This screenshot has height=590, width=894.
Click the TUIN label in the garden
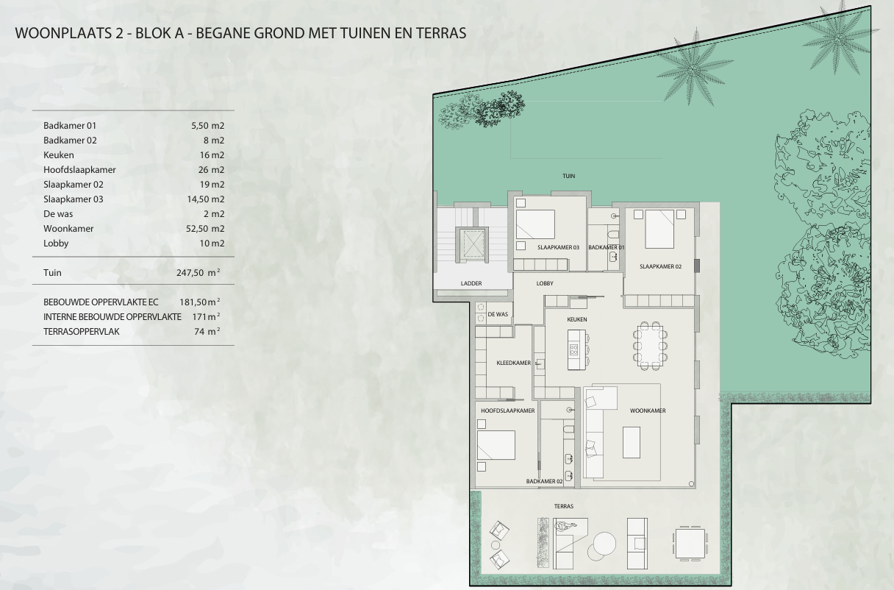pyautogui.click(x=569, y=176)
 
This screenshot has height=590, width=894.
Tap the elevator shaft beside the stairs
pyautogui.click(x=472, y=245)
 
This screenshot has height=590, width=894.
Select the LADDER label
pyautogui.click(x=471, y=283)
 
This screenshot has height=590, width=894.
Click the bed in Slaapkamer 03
pyautogui.click(x=535, y=224)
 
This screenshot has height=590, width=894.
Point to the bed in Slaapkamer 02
pyautogui.click(x=659, y=229)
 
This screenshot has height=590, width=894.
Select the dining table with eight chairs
pyautogui.click(x=650, y=346)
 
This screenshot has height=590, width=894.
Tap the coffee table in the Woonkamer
pyautogui.click(x=632, y=442)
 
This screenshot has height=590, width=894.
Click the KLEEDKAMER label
pyautogui.click(x=514, y=363)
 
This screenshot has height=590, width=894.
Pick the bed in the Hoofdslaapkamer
pyautogui.click(x=496, y=445)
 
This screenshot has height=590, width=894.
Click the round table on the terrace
pyautogui.click(x=604, y=544)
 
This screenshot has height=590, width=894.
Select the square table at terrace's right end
pyautogui.click(x=690, y=544)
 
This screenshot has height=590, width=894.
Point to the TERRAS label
pyautogui.click(x=564, y=506)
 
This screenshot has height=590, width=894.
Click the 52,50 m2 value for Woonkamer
pyautogui.click(x=205, y=229)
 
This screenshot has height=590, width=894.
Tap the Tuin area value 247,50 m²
pyautogui.click(x=199, y=272)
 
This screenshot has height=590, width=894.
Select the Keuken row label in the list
pyautogui.click(x=59, y=155)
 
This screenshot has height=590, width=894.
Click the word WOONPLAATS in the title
pyautogui.click(x=63, y=33)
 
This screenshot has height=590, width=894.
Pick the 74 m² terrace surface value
pyautogui.click(x=207, y=331)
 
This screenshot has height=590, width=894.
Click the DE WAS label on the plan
pyautogui.click(x=498, y=314)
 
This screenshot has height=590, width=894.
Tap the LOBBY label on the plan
pyautogui.click(x=545, y=283)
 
